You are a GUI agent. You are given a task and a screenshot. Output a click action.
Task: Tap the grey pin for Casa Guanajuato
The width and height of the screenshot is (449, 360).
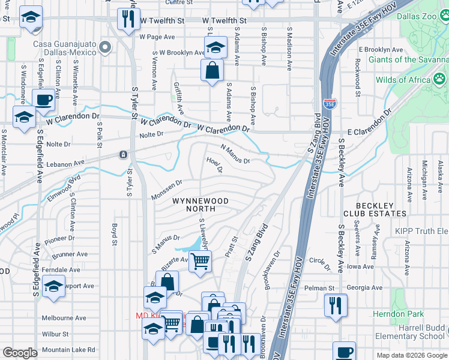click(x=106, y=47)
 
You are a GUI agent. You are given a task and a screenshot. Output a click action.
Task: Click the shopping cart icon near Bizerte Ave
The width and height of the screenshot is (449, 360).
click(x=200, y=261)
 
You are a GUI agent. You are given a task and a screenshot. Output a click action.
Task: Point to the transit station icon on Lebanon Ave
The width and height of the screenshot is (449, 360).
click(x=122, y=155)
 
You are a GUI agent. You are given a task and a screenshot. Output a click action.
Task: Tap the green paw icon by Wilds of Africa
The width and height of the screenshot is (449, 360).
click(x=440, y=79)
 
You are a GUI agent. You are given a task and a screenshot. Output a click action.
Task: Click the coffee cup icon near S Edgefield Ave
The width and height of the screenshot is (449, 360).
click(x=43, y=100)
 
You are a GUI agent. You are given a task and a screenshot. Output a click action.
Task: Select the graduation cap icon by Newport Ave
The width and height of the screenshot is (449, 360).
click(x=53, y=286)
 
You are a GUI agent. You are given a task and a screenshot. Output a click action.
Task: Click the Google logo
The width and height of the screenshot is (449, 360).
click(x=20, y=353)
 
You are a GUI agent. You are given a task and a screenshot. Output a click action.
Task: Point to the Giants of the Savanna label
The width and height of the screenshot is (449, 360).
click(x=408, y=59)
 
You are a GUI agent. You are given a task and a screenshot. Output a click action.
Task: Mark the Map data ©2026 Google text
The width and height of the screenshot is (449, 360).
click(x=411, y=355)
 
